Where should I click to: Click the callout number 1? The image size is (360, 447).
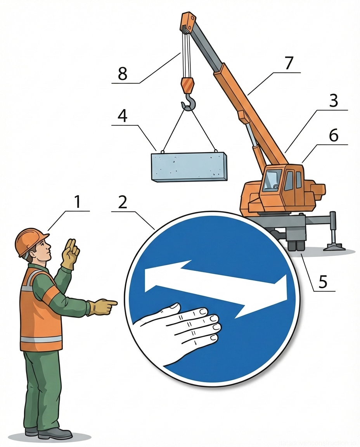point(78,202)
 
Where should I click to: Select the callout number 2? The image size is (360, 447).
point(123,202)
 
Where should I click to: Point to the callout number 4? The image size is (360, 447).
point(123,116)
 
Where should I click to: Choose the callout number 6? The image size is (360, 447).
point(333,135)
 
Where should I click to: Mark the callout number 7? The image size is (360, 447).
point(289,63)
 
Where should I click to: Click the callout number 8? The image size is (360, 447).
point(123,74)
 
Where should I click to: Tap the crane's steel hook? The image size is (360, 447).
point(189,102)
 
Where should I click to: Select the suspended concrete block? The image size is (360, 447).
point(189,166)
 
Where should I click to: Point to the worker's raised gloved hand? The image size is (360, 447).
point(70,252)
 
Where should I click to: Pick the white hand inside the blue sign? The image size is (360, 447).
point(182,330)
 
